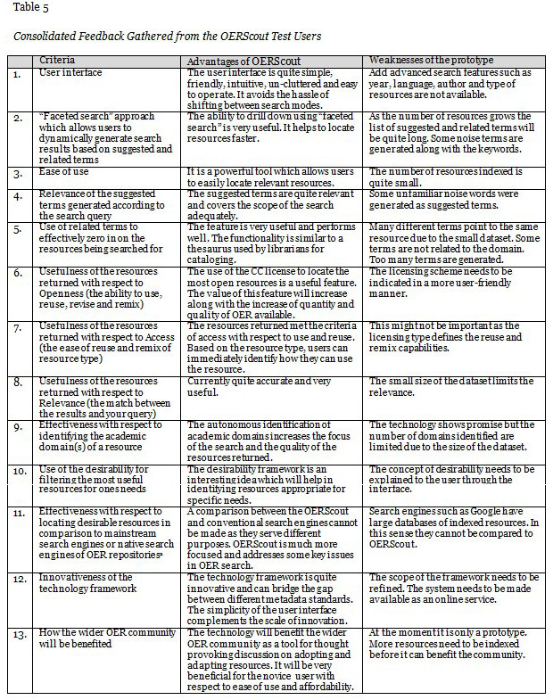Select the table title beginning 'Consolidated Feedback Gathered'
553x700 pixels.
click(167, 37)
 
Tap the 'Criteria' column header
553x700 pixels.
click(58, 60)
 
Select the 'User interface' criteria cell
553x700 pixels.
click(70, 72)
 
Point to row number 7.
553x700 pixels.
click(17, 328)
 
